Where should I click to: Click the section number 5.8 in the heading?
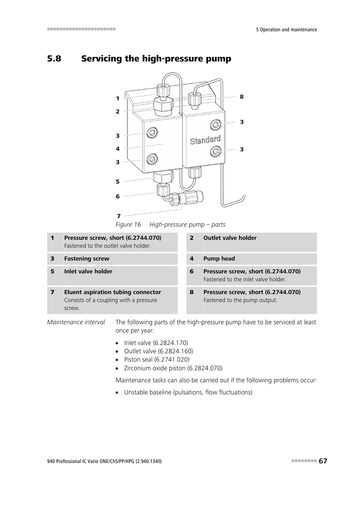54,59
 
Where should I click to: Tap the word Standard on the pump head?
205,140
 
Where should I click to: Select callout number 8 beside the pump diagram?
242,97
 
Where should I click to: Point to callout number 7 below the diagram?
118,216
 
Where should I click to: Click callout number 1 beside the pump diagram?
117,99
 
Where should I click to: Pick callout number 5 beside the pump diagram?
117,182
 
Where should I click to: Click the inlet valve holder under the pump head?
163,176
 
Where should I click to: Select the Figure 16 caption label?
128,225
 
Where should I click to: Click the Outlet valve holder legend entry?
230,238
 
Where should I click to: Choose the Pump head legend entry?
219,259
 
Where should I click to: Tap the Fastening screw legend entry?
86,259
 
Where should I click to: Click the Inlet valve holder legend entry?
88,271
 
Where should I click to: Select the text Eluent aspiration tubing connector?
112,292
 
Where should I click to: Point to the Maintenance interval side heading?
76,322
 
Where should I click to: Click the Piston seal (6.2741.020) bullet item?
157,360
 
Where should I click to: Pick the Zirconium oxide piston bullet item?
173,368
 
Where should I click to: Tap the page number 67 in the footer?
323,461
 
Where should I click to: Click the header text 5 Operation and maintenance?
286,30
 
